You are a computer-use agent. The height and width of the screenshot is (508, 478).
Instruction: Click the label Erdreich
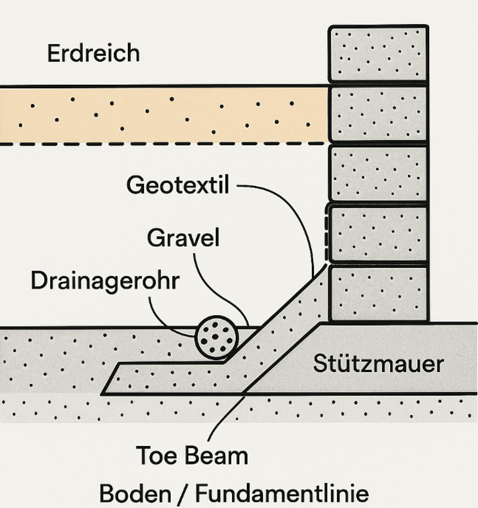coord(93,53)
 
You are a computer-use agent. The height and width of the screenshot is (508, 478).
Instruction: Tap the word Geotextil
coord(178,184)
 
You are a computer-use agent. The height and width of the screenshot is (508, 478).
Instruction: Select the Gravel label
coord(183,237)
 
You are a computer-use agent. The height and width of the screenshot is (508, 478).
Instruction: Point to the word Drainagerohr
coord(105,281)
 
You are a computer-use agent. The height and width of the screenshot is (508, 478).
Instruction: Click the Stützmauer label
coord(378,363)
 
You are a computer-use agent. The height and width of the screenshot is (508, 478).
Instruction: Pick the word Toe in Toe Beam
coord(156,455)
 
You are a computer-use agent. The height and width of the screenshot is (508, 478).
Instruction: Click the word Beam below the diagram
coord(216,455)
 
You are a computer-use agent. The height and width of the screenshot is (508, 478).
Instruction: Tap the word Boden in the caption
coord(135,493)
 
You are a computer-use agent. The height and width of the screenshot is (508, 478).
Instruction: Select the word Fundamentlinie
coord(282,493)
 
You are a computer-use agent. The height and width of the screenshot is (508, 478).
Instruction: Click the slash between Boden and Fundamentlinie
coord(183,494)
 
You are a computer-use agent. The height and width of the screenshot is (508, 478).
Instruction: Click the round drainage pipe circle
coord(217,337)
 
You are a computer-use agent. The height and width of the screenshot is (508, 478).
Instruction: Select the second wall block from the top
coord(378,113)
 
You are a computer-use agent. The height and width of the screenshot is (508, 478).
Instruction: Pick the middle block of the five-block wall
coord(378,173)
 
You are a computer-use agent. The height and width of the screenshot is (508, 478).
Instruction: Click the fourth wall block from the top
coord(378,233)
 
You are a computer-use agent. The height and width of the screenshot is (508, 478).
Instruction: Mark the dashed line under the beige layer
coord(162,143)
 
